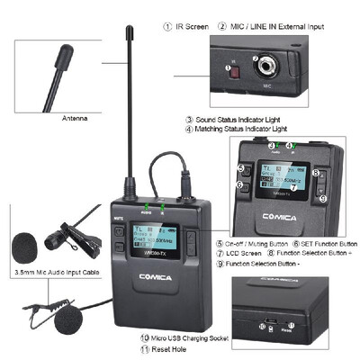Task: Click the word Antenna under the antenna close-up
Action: tap(75, 118)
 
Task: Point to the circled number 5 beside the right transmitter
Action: tap(240, 168)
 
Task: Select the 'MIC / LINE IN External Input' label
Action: tap(275, 27)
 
